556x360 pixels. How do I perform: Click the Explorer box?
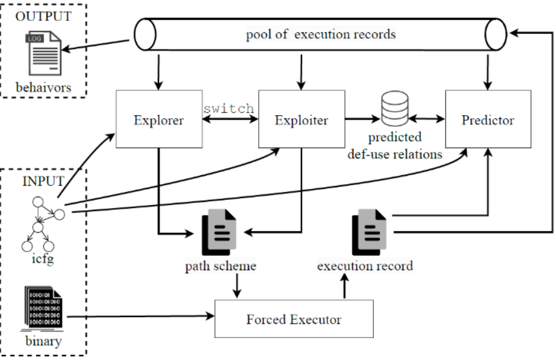tap(158, 120)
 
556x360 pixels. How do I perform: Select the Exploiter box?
tap(302, 120)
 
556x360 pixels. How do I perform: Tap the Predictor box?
tap(488, 120)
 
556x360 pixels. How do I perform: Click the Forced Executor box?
tap(294, 319)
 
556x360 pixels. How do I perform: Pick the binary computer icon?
tap(43, 310)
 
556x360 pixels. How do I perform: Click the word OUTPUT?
tap(43, 16)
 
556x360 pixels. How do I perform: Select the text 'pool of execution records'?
tap(321, 35)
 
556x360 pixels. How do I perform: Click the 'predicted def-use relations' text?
tap(395, 146)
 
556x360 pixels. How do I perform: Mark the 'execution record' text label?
tap(365, 266)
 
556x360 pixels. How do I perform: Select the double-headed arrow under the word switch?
tap(230, 120)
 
